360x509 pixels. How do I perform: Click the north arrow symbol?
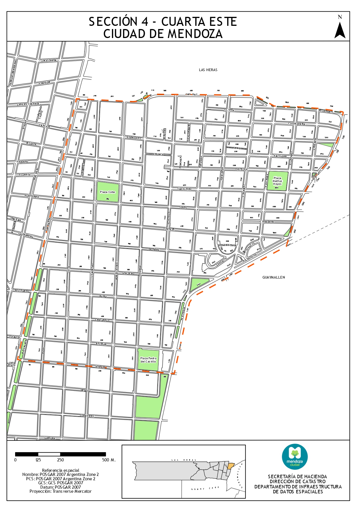(x=340, y=30)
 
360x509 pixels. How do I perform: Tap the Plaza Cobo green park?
(x=108, y=192)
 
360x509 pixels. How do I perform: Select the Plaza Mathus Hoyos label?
(x=277, y=181)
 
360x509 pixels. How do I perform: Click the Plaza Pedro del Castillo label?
(x=148, y=360)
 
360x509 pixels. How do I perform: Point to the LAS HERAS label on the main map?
(x=208, y=70)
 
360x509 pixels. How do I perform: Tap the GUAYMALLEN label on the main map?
(x=274, y=277)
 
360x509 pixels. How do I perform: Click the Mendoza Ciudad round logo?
(x=295, y=457)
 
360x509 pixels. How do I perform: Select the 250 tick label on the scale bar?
(x=60, y=460)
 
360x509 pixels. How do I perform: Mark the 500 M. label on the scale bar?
(x=109, y=460)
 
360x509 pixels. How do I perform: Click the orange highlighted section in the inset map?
(x=230, y=466)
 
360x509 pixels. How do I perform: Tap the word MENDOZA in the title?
(x=195, y=34)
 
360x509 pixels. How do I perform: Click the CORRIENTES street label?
(x=87, y=416)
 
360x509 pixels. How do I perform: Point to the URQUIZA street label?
(x=86, y=391)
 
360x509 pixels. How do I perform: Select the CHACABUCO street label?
(x=102, y=320)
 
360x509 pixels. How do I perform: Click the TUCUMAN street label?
(x=154, y=250)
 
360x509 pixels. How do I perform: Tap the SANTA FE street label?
(x=169, y=229)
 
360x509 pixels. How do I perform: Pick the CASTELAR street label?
(x=241, y=169)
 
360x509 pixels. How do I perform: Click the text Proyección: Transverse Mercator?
(x=60, y=491)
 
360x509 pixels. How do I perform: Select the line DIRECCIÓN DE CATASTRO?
(x=298, y=481)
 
